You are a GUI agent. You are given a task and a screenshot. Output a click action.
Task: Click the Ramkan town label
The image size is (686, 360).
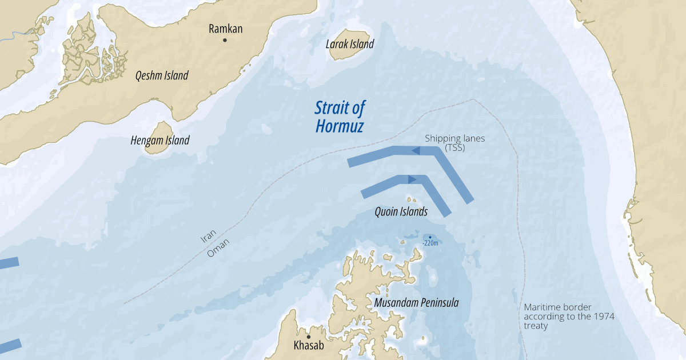coord(225,29)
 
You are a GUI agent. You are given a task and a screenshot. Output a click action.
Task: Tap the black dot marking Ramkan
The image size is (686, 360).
coord(225,40)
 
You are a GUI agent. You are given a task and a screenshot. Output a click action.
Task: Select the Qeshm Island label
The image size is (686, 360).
coord(162,75)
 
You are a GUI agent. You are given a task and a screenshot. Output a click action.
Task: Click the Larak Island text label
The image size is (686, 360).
coord(350,44)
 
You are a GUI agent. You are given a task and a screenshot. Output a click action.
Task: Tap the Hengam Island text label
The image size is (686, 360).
coord(160,141)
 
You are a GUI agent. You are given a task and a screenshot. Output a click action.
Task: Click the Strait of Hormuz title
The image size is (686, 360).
coord(340,117)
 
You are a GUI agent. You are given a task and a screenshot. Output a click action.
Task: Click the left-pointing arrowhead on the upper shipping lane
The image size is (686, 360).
coord(416,150)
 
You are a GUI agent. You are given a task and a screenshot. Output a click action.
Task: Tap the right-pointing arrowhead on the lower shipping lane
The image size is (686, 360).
coord(412,179)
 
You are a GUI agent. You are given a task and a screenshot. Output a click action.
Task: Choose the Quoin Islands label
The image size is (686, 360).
coord(401,212)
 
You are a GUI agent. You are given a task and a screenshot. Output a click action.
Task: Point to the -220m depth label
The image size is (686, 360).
coord(430,243)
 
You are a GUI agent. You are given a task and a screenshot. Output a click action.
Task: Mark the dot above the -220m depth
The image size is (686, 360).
coord(430,237)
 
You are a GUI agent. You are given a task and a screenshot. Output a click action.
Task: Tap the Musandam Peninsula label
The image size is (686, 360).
coord(416,303)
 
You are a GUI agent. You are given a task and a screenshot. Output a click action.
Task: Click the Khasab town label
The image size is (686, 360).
coord(309,346)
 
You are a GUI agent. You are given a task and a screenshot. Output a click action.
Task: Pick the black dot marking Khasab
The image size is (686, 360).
coord(309,337)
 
